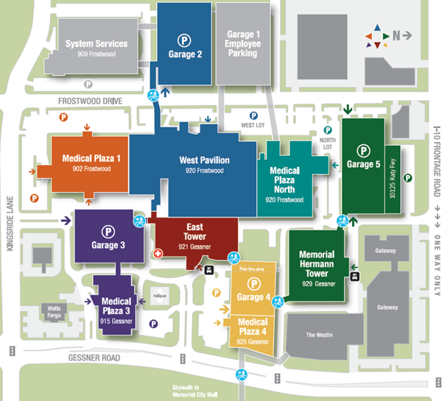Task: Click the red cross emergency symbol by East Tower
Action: coord(156,253)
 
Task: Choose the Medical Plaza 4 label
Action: coord(253,326)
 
